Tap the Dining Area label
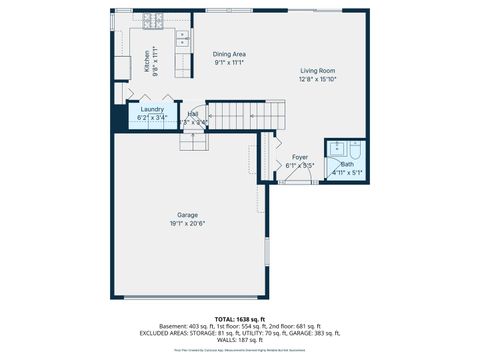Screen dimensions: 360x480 [x=229, y=54]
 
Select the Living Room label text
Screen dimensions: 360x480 [x=318, y=71]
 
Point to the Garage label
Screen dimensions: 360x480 [x=187, y=214]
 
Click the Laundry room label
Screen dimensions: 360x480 [x=152, y=109]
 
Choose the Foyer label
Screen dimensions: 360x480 [x=299, y=157]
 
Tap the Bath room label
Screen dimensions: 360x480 [x=347, y=164]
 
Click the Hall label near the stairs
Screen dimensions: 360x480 [x=192, y=114]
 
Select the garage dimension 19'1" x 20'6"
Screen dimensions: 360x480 [x=187, y=223]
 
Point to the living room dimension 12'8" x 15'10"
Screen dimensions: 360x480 [x=318, y=80]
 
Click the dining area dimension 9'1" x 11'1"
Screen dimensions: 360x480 [x=229, y=63]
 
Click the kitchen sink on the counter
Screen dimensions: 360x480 [x=183, y=40]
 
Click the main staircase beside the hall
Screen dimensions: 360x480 [x=245, y=114]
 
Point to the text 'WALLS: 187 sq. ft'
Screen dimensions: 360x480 [x=239, y=341]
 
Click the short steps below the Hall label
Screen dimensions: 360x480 [x=192, y=140]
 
